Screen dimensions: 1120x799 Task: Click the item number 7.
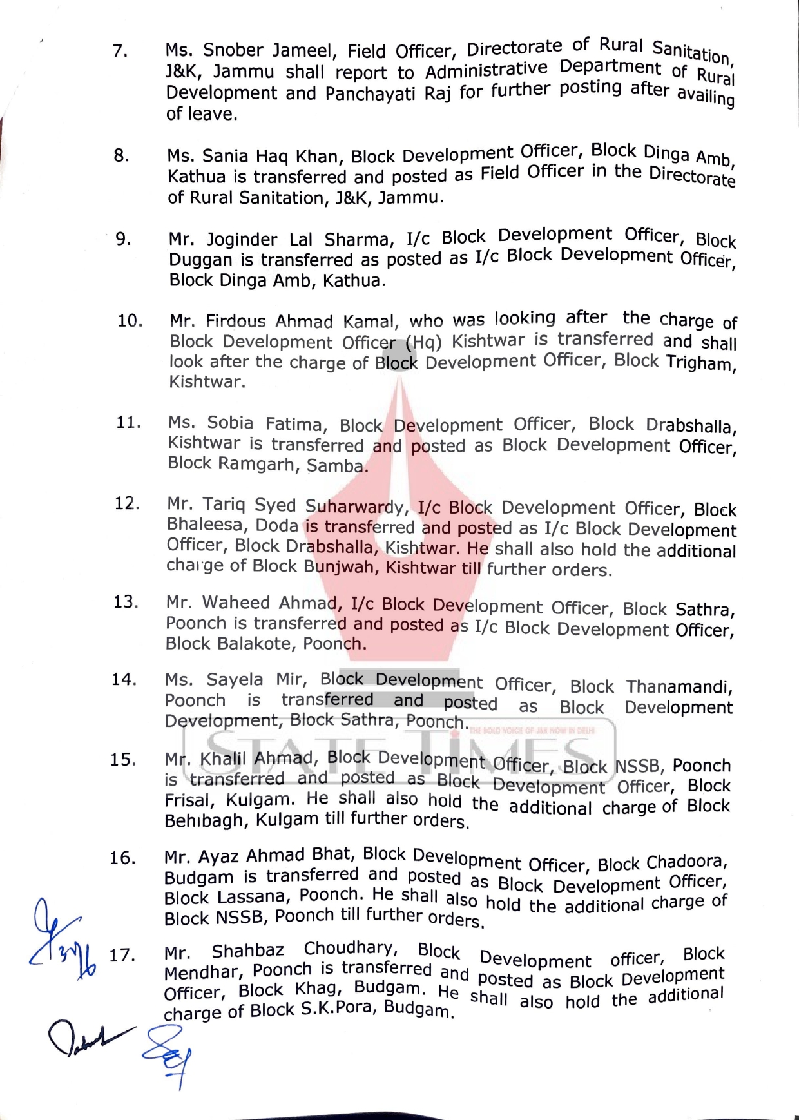tap(120, 51)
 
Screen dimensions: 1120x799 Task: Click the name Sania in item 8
tap(225, 156)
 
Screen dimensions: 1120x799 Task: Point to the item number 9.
tap(123, 239)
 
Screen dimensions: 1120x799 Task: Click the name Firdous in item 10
tap(236, 321)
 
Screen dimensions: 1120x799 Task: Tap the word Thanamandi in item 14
tap(679, 687)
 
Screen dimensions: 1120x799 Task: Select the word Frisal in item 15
tap(188, 800)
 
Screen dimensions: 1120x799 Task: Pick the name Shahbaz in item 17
tap(247, 951)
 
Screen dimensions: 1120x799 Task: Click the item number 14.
tap(124, 680)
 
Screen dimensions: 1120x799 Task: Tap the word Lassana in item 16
tap(252, 897)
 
